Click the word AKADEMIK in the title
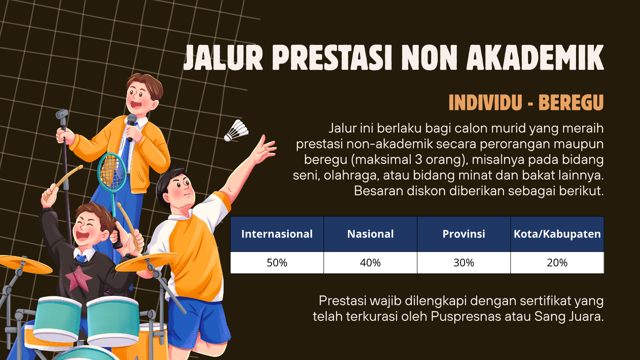click(x=535, y=57)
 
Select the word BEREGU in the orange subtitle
click(x=571, y=102)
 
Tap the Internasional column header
click(x=277, y=234)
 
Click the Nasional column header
click(x=370, y=234)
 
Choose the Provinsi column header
click(x=464, y=234)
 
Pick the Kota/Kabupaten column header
click(x=557, y=234)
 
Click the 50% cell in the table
click(x=277, y=263)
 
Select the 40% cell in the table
click(x=370, y=263)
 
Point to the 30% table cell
click(x=464, y=263)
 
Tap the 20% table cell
click(x=557, y=263)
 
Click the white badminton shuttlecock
click(x=236, y=131)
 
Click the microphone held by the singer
click(x=131, y=126)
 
